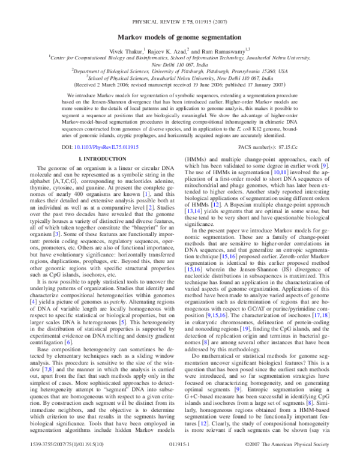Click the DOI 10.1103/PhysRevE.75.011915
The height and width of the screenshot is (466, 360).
(x=101, y=147)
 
